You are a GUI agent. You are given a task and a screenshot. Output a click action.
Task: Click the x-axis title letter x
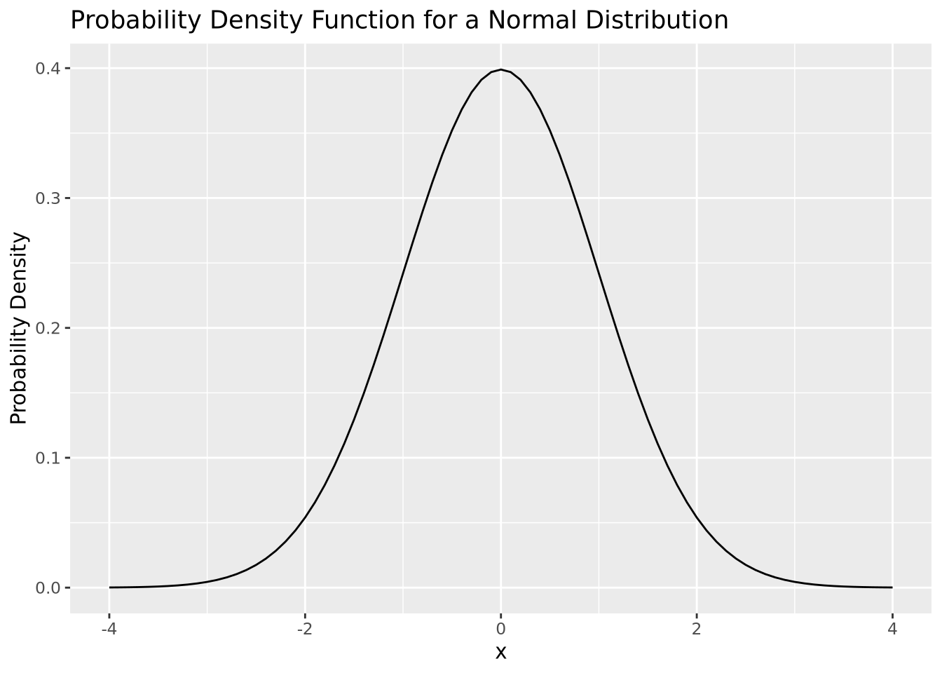coord(500,653)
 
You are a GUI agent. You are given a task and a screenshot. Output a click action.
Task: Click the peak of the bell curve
coord(500,69)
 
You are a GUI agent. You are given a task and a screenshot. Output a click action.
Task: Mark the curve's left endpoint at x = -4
coord(109,587)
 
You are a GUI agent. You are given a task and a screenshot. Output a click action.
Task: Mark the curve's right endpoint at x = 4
coord(892,587)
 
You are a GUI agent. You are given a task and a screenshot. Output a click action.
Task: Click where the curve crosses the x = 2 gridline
coord(697,517)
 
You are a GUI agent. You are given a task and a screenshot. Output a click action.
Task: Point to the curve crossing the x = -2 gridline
coord(305,517)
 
